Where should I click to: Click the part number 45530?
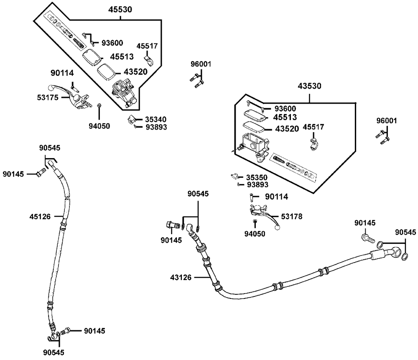click(120, 10)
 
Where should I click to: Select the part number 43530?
click(309, 86)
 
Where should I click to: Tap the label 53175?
click(48, 97)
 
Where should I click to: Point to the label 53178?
click(292, 216)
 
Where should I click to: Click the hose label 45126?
click(40, 217)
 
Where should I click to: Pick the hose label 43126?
click(181, 278)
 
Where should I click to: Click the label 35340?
click(155, 120)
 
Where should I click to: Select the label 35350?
click(257, 178)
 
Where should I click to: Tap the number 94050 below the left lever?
click(99, 126)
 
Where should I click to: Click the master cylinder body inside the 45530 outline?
click(124, 93)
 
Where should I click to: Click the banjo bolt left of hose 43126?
click(173, 225)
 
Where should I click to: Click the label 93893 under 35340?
click(156, 127)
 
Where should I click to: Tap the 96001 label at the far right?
click(387, 121)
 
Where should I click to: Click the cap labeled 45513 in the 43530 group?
click(255, 114)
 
